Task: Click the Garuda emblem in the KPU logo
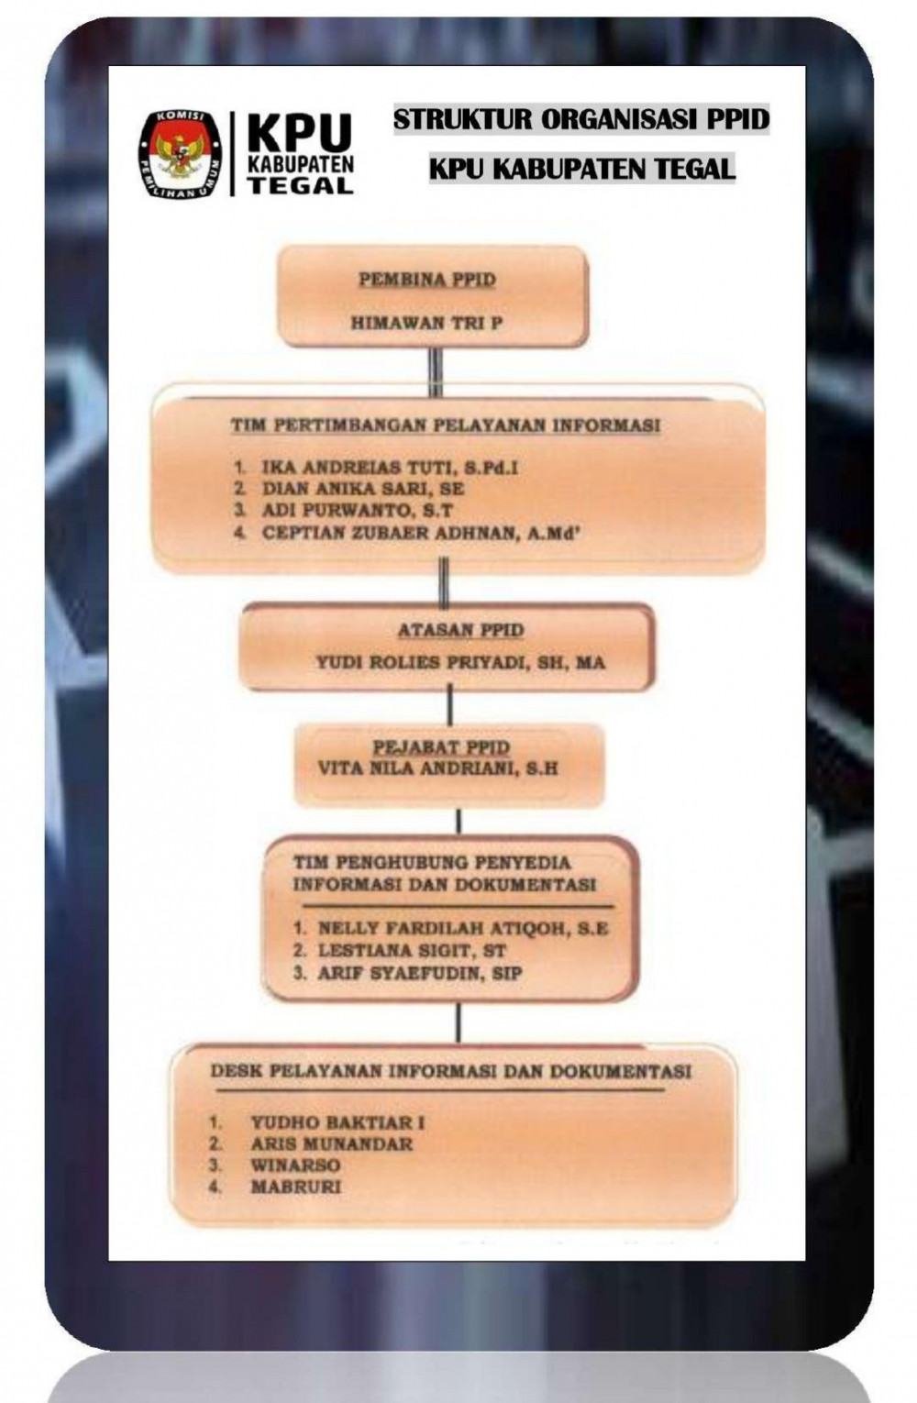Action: click(x=180, y=154)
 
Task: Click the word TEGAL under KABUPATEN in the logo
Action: click(x=301, y=185)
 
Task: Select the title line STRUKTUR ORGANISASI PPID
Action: click(x=580, y=119)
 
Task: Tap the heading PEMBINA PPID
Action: click(x=427, y=280)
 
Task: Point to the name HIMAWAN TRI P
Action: click(x=426, y=323)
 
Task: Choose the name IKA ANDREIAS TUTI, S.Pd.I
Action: click(x=390, y=468)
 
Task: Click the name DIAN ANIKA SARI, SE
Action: click(x=363, y=489)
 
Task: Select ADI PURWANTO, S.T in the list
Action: click(x=357, y=511)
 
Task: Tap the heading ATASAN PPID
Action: click(x=460, y=629)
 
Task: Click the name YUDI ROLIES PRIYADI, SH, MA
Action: click(x=460, y=662)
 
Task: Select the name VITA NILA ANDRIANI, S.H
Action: click(x=437, y=768)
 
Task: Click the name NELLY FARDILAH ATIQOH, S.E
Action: click(x=463, y=928)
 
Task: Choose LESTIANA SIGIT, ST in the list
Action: click(x=412, y=950)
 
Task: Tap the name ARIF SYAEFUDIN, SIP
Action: click(x=420, y=973)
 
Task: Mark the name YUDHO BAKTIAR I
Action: click(x=337, y=1122)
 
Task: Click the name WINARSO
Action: click(x=295, y=1165)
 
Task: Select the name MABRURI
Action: click(x=295, y=1187)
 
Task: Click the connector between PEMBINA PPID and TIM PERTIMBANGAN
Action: click(x=436, y=371)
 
